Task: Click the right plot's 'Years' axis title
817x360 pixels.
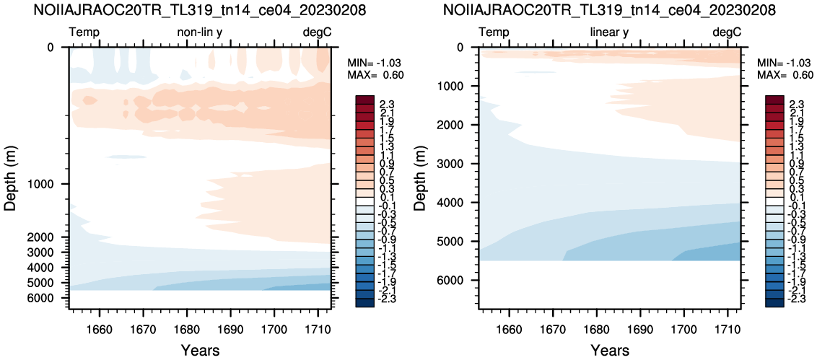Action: pos(610,350)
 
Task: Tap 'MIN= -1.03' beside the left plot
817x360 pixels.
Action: pos(374,63)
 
